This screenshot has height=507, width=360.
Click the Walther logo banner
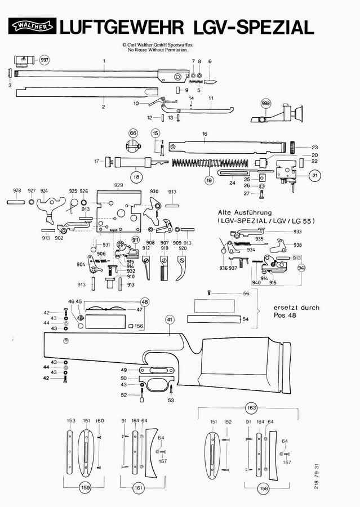tap(32, 26)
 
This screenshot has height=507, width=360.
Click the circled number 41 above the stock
tap(168, 319)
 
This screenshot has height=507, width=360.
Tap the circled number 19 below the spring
tap(208, 180)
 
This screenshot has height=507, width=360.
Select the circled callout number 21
tap(314, 176)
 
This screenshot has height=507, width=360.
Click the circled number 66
tap(133, 133)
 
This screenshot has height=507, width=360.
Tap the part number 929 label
tap(118, 185)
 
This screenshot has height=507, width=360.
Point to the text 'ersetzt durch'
tap(296, 308)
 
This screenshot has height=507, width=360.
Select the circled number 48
tap(145, 302)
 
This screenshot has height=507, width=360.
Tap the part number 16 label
tap(205, 134)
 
